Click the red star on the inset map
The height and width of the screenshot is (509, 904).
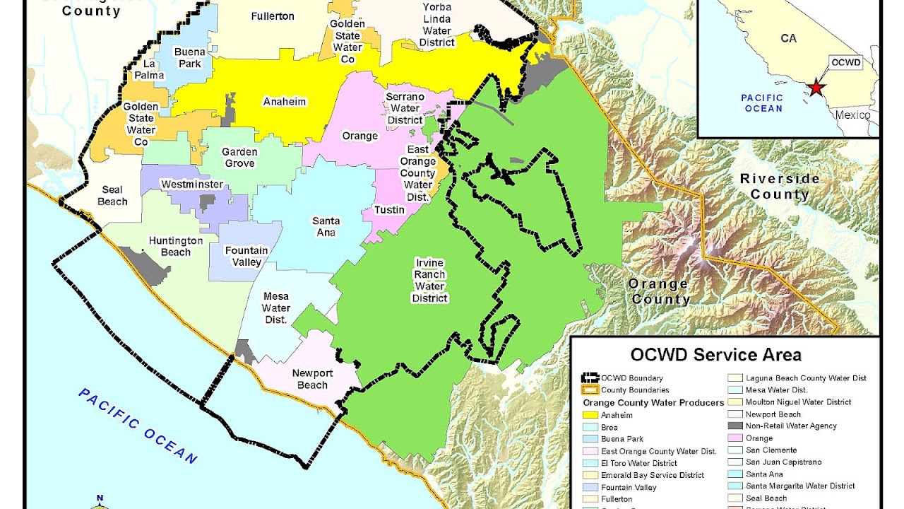[816, 88]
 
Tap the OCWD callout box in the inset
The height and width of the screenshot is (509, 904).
[845, 62]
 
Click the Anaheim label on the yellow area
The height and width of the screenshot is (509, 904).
[285, 101]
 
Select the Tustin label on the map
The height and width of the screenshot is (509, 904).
[389, 210]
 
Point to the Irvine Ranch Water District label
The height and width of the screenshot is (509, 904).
[429, 281]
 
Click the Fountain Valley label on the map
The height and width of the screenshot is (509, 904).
[246, 256]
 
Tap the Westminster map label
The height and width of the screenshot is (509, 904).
[192, 185]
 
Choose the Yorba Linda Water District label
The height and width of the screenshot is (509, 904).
[436, 25]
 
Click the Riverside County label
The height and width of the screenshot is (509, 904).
[780, 186]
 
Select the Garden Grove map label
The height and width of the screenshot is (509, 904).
[239, 158]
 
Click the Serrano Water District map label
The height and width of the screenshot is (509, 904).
[405, 108]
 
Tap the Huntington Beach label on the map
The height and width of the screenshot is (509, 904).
[175, 246]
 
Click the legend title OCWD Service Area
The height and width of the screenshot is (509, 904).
[715, 354]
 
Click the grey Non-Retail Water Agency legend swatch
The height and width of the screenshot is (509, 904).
[735, 426]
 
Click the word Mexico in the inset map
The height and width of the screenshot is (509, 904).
[852, 115]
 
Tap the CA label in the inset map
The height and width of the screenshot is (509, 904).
[788, 38]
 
